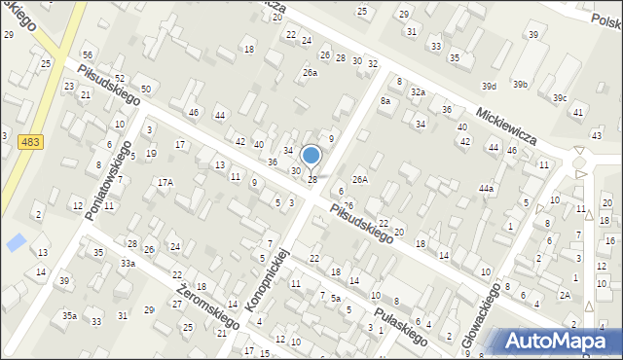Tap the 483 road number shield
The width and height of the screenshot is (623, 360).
click(29, 142)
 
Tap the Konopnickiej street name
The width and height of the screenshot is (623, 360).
click(269, 280)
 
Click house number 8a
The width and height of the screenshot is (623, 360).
click(385, 101)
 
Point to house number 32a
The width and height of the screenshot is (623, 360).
click(417, 92)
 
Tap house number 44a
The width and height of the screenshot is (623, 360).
click(486, 188)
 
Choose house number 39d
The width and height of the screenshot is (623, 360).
click(488, 87)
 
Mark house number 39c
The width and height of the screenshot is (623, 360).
click(559, 98)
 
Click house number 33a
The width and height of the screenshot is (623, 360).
click(128, 264)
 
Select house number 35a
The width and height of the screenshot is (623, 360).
click(69, 315)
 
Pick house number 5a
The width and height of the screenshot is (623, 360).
click(335, 299)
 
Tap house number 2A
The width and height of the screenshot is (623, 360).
click(564, 295)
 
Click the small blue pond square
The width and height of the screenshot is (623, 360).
click(16, 242)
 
